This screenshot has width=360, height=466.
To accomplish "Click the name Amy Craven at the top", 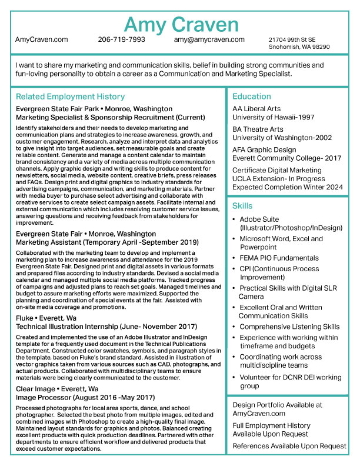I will pos(181,25).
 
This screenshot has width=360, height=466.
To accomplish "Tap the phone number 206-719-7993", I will pos(121,39).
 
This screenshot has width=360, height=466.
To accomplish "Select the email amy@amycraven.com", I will pos(209,39).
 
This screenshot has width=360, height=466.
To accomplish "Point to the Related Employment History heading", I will pos(70,96).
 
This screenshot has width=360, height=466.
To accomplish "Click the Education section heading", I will pos(251,96).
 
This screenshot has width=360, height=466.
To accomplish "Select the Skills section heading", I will pos(242,206).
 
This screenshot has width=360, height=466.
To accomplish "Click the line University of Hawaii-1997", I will pos(274,117).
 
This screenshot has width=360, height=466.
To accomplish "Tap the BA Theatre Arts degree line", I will pos(258,129).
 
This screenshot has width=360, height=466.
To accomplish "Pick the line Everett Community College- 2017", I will pos(287,158).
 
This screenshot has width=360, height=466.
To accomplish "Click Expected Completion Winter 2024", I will pos(288,187).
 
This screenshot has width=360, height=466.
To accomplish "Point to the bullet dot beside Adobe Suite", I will pos(234,219).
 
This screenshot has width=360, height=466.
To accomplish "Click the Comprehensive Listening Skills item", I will pos(289,327).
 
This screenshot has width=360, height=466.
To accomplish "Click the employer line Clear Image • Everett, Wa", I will pos(57,389).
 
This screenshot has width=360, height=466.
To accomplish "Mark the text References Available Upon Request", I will pos(289,446).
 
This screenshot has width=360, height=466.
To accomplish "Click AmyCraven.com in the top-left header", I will pos(42,39).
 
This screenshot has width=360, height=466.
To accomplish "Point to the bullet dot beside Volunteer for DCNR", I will pos(234,378).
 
